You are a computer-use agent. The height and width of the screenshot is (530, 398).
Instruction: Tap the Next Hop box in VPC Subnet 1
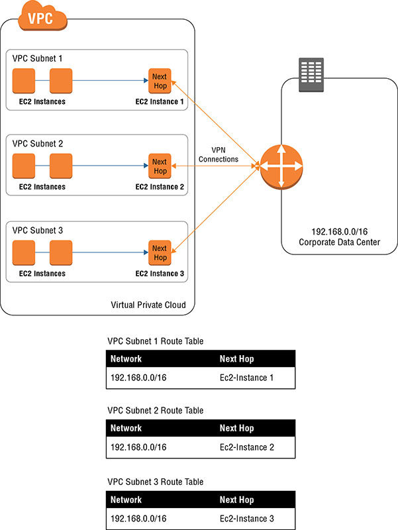[160, 80]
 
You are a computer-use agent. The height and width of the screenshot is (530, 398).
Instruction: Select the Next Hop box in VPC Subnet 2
[160, 166]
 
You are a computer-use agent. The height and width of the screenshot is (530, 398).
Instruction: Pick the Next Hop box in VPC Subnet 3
[160, 252]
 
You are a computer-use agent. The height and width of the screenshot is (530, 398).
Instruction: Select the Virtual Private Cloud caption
[148, 305]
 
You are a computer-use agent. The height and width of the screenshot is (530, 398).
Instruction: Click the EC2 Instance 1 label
[160, 101]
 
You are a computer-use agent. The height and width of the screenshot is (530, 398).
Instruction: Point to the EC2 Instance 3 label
[160, 273]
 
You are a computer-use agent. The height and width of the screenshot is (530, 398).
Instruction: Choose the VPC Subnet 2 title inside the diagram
[38, 144]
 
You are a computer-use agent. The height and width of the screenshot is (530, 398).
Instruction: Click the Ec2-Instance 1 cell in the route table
[246, 378]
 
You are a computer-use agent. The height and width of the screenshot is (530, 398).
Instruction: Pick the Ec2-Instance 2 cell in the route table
[246, 447]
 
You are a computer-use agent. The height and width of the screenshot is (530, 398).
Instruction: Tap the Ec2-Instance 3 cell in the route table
[246, 517]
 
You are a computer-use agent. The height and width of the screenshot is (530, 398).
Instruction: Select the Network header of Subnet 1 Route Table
[126, 358]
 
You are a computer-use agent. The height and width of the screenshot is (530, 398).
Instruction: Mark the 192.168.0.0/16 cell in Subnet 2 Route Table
[138, 447]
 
